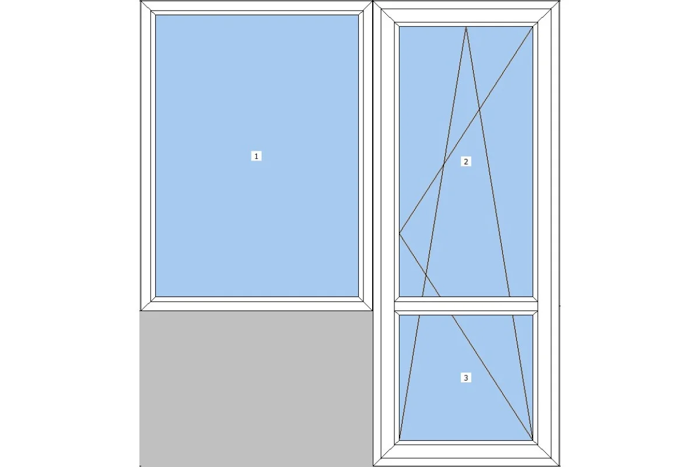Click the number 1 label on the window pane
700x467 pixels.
(256, 156)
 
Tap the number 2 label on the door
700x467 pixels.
(466, 161)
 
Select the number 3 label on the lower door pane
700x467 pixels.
(466, 378)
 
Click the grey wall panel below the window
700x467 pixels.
(256, 389)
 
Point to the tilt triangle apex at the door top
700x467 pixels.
(466, 27)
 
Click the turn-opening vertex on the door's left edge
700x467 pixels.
(400, 233)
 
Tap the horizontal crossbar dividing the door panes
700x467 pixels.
(466, 306)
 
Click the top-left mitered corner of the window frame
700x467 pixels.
(146, 6)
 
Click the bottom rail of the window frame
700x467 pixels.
(256, 306)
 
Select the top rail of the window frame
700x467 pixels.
(256, 6)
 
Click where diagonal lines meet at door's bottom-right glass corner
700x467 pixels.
(533, 440)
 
